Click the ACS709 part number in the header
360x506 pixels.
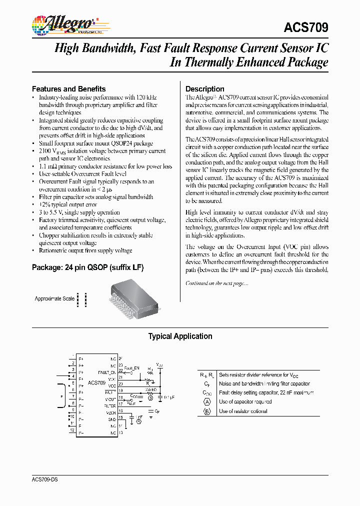305,27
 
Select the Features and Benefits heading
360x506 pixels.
68,88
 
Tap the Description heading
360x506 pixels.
204,88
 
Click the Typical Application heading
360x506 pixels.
180,336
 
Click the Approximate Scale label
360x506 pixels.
54,298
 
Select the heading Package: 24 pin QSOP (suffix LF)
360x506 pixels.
87,267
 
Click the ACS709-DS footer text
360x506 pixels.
44,479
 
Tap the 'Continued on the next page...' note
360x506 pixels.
216,283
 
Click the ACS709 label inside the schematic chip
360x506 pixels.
96,382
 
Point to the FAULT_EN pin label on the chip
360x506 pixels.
106,372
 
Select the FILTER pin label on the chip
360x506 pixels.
109,406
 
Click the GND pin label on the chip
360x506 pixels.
112,419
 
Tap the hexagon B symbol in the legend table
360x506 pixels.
206,411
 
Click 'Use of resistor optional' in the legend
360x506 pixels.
243,411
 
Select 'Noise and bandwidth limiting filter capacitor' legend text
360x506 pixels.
264,383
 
